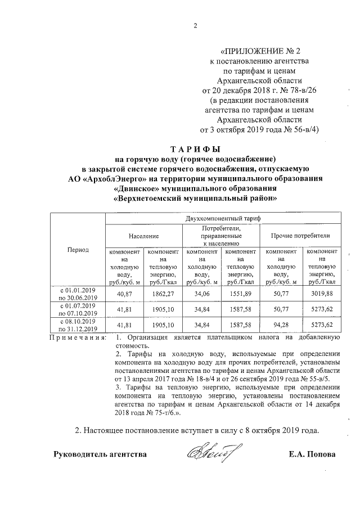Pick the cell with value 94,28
point(281,325)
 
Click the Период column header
point(78,250)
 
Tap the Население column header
point(143,236)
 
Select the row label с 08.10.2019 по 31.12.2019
point(78,325)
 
